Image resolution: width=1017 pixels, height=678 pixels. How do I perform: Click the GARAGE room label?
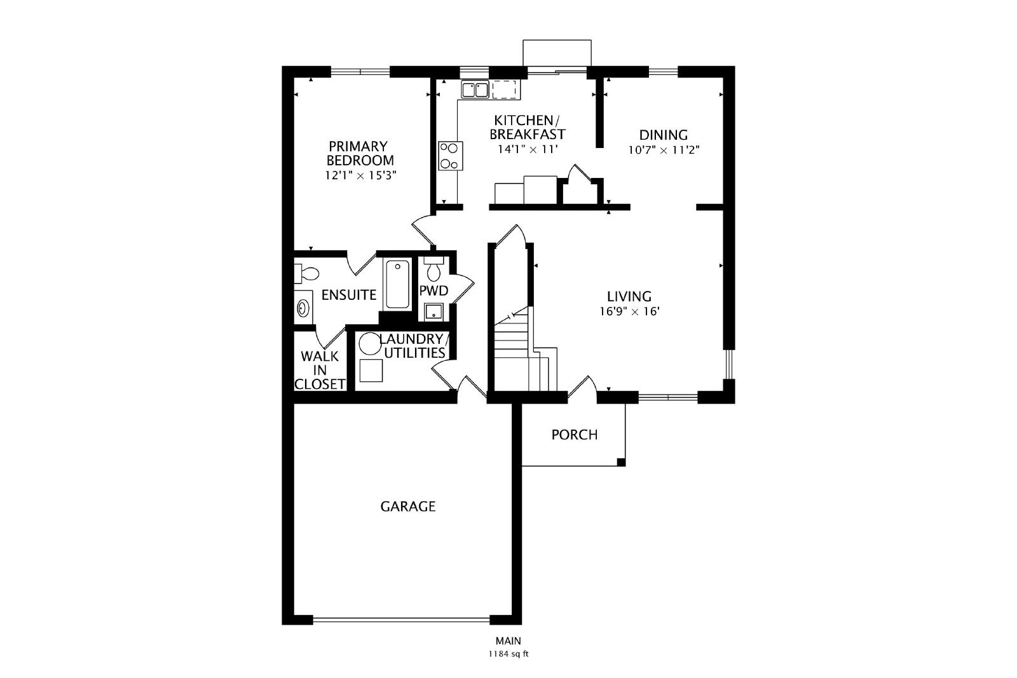[407, 506]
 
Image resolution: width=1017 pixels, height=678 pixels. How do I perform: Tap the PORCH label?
[575, 435]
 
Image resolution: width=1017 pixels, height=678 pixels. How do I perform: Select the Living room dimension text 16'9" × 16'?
[629, 311]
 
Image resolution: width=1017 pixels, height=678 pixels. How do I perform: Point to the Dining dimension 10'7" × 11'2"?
[664, 150]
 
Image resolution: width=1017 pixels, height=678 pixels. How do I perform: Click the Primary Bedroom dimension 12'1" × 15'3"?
[360, 175]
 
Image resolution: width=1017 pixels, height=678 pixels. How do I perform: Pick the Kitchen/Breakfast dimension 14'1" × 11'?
[528, 149]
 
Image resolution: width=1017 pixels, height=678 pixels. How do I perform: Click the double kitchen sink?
[475, 90]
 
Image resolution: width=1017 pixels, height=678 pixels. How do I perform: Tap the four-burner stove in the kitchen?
[451, 156]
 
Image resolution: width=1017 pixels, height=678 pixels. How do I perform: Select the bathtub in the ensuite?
[397, 284]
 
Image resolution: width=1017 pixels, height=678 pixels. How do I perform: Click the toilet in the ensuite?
[306, 273]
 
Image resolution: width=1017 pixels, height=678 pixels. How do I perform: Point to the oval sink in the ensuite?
[303, 309]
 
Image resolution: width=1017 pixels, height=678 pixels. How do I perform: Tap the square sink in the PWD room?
[433, 312]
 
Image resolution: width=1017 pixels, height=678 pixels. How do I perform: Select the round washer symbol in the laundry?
[370, 344]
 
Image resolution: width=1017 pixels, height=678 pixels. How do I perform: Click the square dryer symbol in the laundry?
[371, 370]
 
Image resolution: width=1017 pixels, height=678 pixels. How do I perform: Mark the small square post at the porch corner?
[621, 463]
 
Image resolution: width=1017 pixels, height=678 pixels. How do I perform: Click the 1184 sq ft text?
[508, 654]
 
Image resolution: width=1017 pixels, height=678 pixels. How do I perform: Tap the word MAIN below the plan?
[508, 641]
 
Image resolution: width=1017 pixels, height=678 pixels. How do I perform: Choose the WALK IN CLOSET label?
[320, 370]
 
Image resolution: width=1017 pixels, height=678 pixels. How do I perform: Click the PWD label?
[433, 290]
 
